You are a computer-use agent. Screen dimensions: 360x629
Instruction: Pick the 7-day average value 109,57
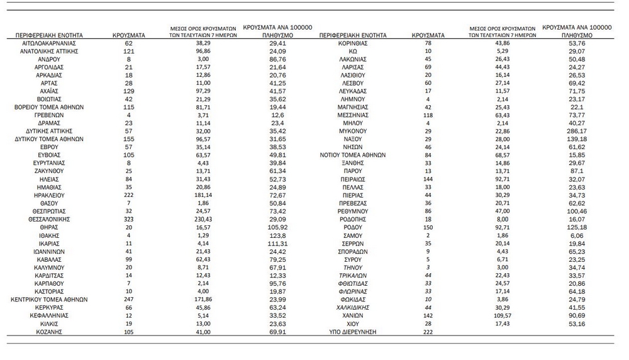point(501,316)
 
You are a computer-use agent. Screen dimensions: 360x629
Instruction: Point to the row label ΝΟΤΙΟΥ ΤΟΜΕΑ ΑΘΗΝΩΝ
point(356,155)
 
